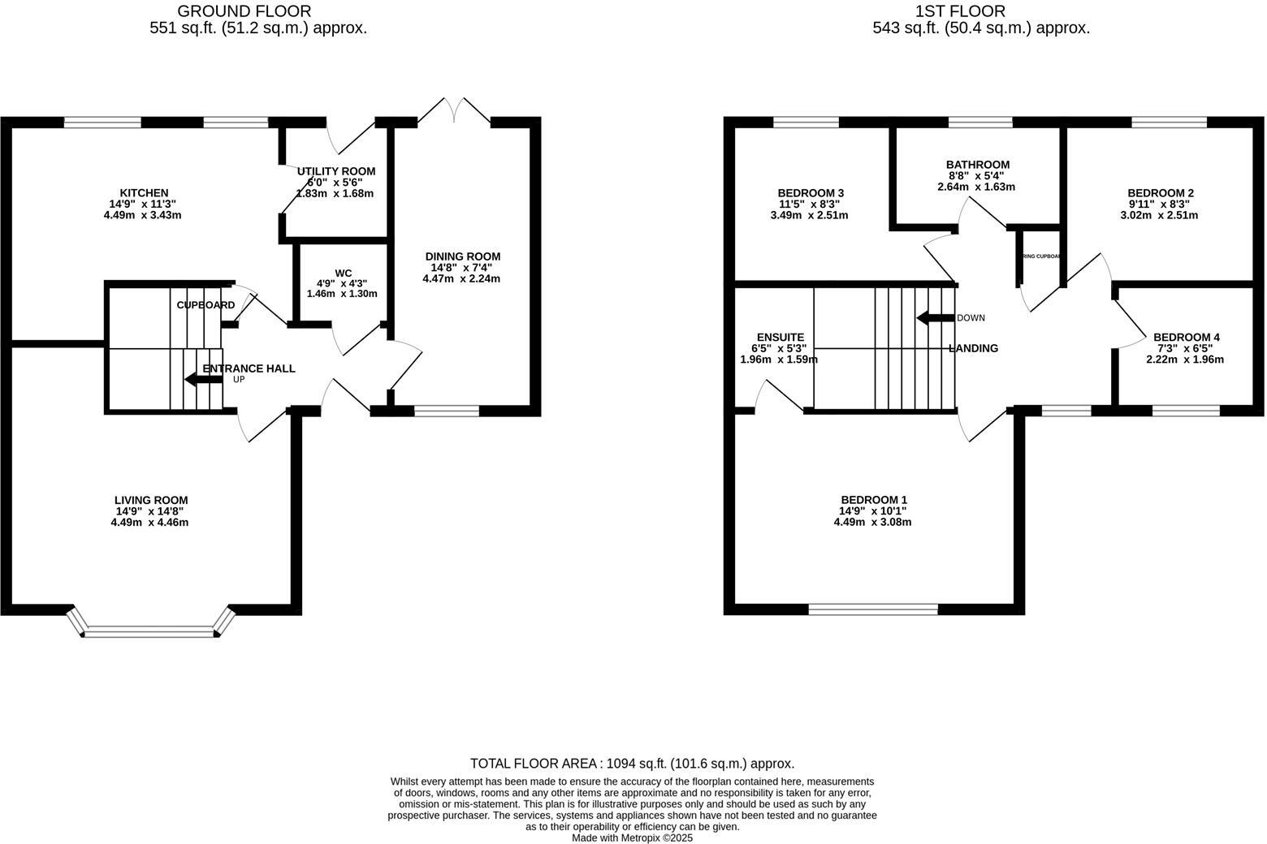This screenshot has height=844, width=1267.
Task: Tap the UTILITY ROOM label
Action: pos(335,171)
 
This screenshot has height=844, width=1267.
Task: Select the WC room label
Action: pos(342,273)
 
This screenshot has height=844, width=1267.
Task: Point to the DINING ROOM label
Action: pos(462,256)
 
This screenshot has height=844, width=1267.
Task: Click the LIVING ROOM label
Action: pos(151,501)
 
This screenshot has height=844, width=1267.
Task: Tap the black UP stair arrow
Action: pos(199,379)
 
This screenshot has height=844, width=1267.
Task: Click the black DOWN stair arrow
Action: pos(935,318)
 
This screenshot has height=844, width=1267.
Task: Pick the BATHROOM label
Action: pos(977,165)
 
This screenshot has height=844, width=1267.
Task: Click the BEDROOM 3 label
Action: pos(810,193)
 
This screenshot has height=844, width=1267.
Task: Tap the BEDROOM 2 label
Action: pos(1159,193)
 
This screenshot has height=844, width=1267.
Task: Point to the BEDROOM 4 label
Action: pos(1186,338)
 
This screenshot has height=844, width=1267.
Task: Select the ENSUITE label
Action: pos(780,338)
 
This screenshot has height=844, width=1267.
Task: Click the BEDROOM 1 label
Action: pos(873,501)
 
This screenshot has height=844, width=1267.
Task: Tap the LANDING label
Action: pos(973,349)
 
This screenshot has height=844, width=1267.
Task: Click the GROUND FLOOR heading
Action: pos(244,11)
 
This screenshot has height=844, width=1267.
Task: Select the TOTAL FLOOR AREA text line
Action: pos(632,764)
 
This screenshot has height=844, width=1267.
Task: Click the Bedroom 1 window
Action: pos(873,609)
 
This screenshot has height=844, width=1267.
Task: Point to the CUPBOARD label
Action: pos(205,305)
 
